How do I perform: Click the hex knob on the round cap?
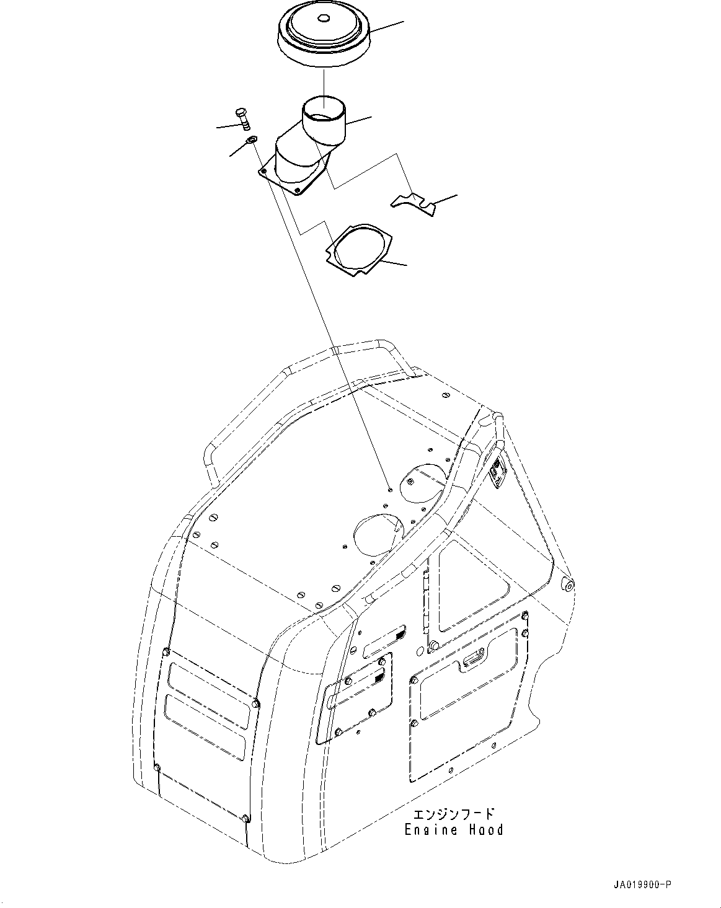(x=323, y=19)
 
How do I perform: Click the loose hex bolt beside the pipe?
(x=242, y=118)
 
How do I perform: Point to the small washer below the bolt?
(x=251, y=142)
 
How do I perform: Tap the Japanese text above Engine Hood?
(x=455, y=813)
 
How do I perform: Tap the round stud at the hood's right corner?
(x=566, y=584)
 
